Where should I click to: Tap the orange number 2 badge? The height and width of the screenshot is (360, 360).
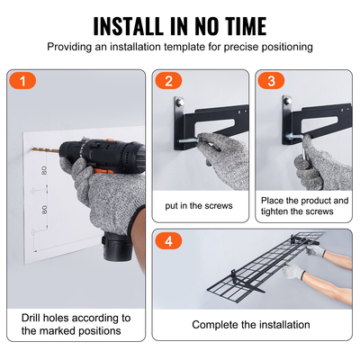click(x=167, y=82)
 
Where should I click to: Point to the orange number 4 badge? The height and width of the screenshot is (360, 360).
click(x=167, y=241)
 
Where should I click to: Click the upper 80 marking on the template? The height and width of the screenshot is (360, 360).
click(x=43, y=169)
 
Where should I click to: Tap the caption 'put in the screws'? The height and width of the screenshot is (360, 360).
click(x=200, y=205)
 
